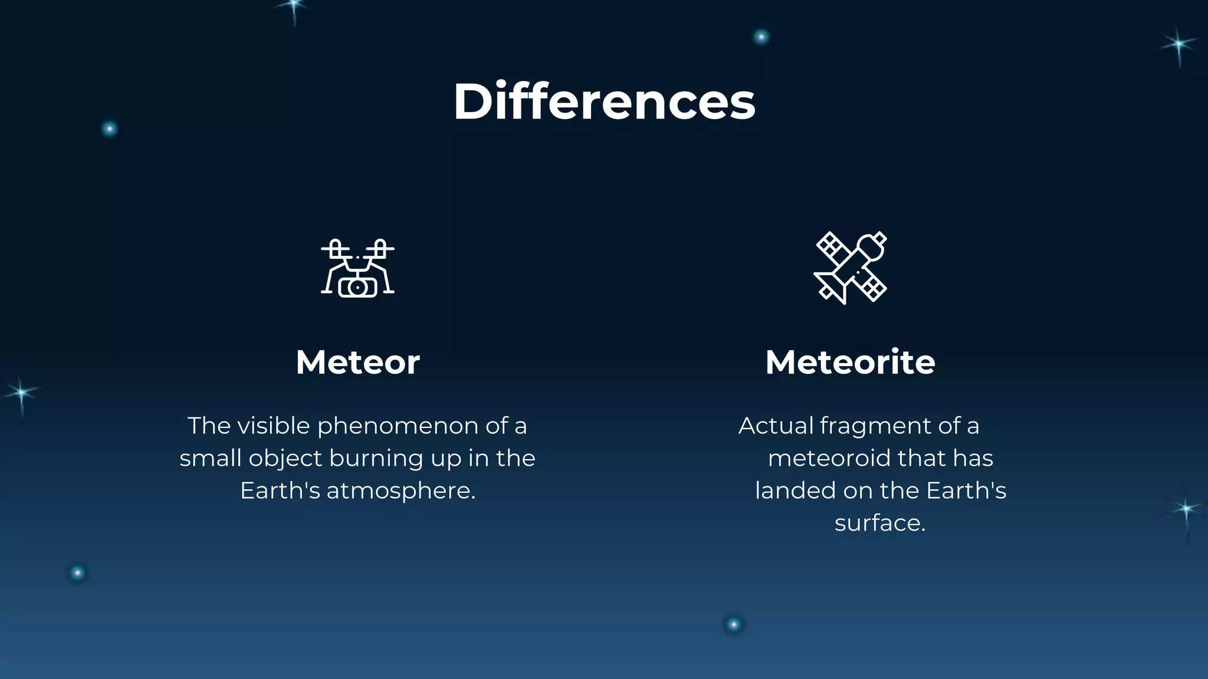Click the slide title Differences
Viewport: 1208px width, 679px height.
pos(604,101)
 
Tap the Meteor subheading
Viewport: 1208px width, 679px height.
pos(357,362)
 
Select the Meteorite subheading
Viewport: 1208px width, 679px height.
pos(850,362)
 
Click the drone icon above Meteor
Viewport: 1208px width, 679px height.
pos(357,268)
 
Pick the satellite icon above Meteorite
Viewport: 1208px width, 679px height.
pos(850,268)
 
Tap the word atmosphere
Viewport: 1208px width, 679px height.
pos(401,491)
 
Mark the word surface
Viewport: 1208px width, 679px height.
pos(879,523)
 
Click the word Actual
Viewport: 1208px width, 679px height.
pos(776,426)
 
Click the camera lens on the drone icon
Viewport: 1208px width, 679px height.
pos(357,287)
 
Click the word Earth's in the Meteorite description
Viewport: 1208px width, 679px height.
pos(966,491)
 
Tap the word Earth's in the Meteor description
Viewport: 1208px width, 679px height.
pos(280,491)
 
